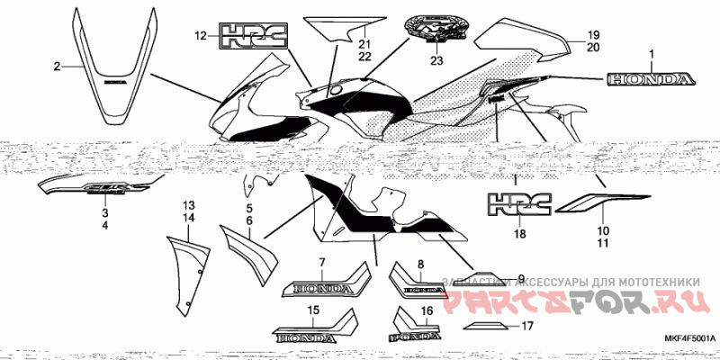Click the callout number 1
click(652, 56)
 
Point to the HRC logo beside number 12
click(254, 37)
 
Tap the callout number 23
click(436, 61)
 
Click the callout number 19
click(593, 35)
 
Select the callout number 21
click(364, 43)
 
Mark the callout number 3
click(104, 213)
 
